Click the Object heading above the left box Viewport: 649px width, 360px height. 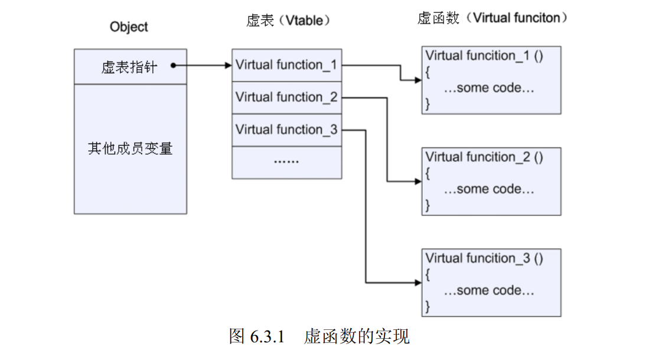click(x=129, y=27)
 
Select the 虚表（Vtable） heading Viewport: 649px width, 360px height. click(x=288, y=20)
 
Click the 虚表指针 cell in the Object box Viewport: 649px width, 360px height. click(x=129, y=67)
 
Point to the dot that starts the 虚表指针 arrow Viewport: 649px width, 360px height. click(x=173, y=66)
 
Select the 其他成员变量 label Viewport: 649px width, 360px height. click(x=130, y=149)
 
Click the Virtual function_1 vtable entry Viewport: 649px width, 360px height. click(x=286, y=65)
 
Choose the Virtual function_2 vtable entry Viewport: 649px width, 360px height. click(x=286, y=97)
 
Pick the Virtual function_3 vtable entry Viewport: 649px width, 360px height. click(x=286, y=130)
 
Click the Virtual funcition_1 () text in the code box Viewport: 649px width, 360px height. click(x=484, y=56)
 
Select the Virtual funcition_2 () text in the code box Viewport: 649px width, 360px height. click(x=484, y=157)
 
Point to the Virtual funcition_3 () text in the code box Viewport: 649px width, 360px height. click(x=484, y=258)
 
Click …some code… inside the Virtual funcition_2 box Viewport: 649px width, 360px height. click(x=488, y=189)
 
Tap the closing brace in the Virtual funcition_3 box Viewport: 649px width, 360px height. click(x=428, y=306)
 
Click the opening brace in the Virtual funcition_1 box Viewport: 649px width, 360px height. click(x=428, y=72)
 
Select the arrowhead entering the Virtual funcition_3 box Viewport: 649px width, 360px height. click(x=418, y=282)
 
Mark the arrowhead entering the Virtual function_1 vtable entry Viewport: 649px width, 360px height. click(x=228, y=66)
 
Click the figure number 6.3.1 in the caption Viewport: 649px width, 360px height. click(x=268, y=338)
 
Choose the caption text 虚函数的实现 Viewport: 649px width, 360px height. click(x=357, y=338)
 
